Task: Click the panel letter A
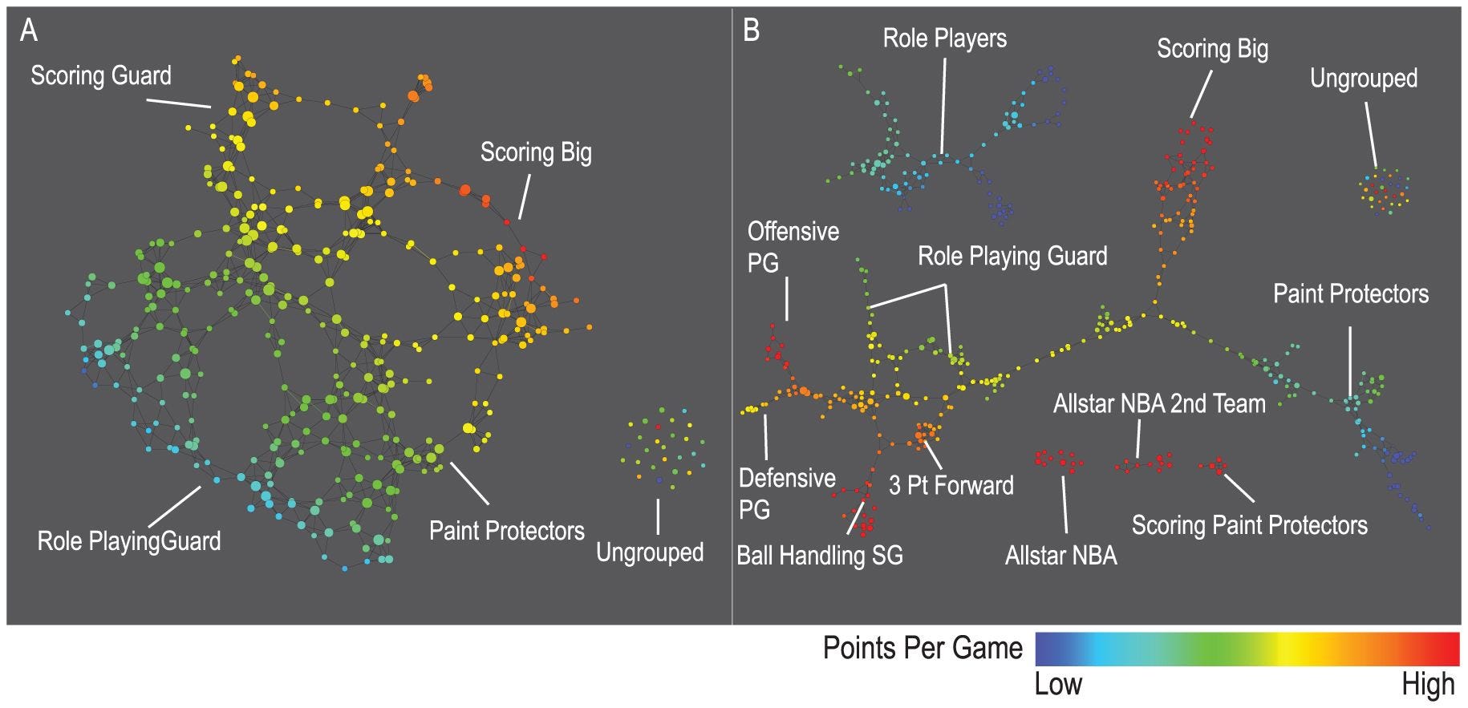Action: click(x=29, y=31)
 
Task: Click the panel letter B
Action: click(x=752, y=31)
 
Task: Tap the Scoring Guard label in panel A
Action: click(x=101, y=76)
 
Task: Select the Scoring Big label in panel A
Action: click(x=536, y=152)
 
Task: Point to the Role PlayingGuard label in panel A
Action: click(x=129, y=541)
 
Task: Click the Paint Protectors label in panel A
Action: click(x=506, y=531)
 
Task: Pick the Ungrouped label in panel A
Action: click(x=650, y=552)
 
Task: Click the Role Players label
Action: click(x=944, y=38)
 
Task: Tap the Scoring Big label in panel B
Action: click(x=1212, y=50)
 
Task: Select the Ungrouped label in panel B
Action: click(x=1363, y=79)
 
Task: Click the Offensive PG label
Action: click(x=793, y=246)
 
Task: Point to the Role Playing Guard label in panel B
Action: click(x=1012, y=257)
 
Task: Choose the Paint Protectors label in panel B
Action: click(x=1351, y=294)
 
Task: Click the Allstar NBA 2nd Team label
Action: click(x=1159, y=403)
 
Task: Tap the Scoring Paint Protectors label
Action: click(x=1249, y=525)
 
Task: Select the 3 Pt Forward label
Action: click(x=951, y=485)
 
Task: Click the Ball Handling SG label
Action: click(x=820, y=555)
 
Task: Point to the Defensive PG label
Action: click(x=787, y=493)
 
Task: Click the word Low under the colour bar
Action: click(x=1058, y=685)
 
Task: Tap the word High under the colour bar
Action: click(x=1428, y=685)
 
